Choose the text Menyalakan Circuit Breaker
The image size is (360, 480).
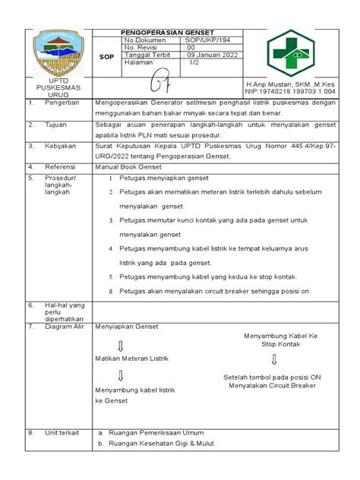[x=271, y=385]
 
